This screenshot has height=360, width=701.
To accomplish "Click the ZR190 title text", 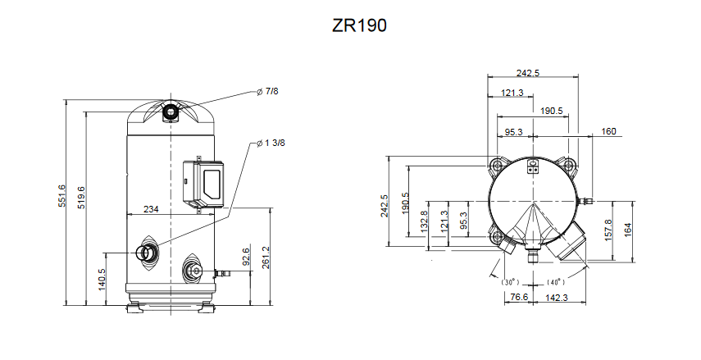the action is pyautogui.click(x=359, y=25).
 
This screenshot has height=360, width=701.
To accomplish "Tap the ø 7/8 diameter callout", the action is pyautogui.click(x=268, y=91).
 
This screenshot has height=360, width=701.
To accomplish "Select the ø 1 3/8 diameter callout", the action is pyautogui.click(x=271, y=144).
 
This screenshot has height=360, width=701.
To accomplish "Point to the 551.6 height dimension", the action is pyautogui.click(x=61, y=195).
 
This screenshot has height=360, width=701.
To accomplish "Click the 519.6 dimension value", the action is pyautogui.click(x=81, y=197).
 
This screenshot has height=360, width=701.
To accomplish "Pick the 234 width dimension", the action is pyautogui.click(x=151, y=209).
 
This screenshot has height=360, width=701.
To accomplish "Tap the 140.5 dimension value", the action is pyautogui.click(x=102, y=280).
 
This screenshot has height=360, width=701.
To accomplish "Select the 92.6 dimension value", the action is pyautogui.click(x=246, y=256).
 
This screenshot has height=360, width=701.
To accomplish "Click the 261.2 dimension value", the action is pyautogui.click(x=266, y=257).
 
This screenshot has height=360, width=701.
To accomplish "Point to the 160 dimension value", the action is pyautogui.click(x=608, y=131).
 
